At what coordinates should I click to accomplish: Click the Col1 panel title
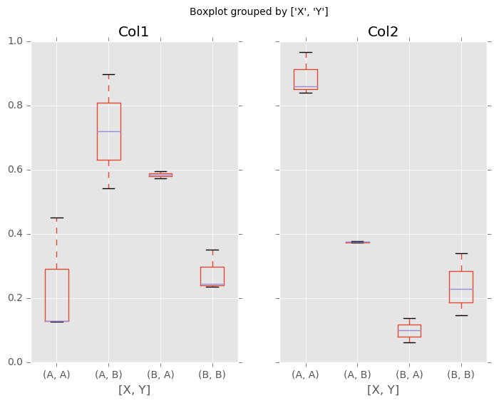coord(135,31)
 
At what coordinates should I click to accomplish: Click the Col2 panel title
coord(383,31)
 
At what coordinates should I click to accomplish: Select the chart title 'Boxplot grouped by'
coord(259,11)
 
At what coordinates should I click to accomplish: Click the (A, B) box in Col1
coord(108,131)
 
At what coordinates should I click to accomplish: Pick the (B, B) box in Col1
coord(212,276)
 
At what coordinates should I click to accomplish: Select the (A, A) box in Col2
coord(306,79)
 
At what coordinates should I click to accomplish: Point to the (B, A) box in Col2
coord(409,330)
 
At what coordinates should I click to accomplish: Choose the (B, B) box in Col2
coord(460,287)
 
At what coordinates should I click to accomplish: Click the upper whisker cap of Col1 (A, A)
coord(56,218)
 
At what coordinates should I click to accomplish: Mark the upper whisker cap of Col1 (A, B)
coord(108,74)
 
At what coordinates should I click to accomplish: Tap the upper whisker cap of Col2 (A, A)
coord(306,52)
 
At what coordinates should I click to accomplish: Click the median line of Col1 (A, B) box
coord(108,131)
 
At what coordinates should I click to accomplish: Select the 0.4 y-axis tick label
coord(14,234)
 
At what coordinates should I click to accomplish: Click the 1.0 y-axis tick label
coord(14,41)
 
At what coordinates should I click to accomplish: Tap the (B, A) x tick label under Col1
coord(160,374)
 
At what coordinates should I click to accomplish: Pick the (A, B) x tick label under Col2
coord(357,374)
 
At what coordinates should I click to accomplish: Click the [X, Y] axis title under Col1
coord(135,389)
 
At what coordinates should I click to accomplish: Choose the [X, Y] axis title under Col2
coord(383,389)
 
